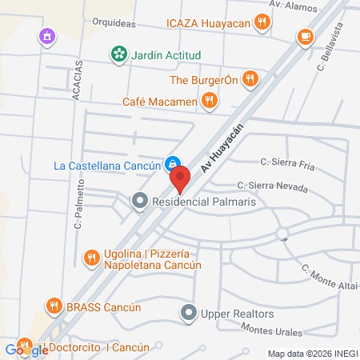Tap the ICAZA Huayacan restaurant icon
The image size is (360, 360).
click(x=261, y=22)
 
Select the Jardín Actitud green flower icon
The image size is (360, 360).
click(x=118, y=54)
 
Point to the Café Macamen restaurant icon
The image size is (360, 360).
click(x=210, y=101)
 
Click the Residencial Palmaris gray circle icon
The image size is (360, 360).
click(x=140, y=201)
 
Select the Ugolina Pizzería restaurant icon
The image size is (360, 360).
click(x=91, y=258)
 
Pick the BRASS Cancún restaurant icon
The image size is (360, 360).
click(x=54, y=305)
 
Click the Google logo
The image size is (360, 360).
click(x=26, y=350)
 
